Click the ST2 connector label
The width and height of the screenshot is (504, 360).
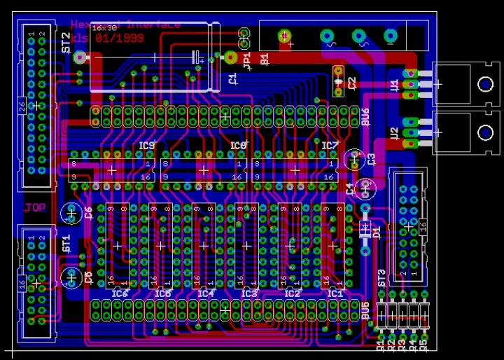pos(66,43)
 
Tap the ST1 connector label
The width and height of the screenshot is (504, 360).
pos(66,244)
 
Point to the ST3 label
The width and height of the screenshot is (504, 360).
pos(381,277)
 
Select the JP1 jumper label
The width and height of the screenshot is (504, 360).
pos(246,61)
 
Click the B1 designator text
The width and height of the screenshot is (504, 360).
pos(264,60)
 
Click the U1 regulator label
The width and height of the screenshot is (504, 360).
pos(394,86)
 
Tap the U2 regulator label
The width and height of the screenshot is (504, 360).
pos(394,133)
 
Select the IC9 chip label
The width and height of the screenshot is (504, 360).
pos(146,146)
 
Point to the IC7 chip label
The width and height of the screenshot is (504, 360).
pos(330,146)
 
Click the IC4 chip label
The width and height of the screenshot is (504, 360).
pos(205,293)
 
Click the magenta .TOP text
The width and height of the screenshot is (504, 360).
pos(35,207)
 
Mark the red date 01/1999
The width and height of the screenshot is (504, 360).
pos(121,38)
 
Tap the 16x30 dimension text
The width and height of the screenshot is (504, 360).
pos(105,27)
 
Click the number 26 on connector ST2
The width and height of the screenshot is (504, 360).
pos(21,106)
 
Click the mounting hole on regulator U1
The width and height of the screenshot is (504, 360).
pos(484,85)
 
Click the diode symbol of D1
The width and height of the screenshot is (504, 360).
pos(365,229)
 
